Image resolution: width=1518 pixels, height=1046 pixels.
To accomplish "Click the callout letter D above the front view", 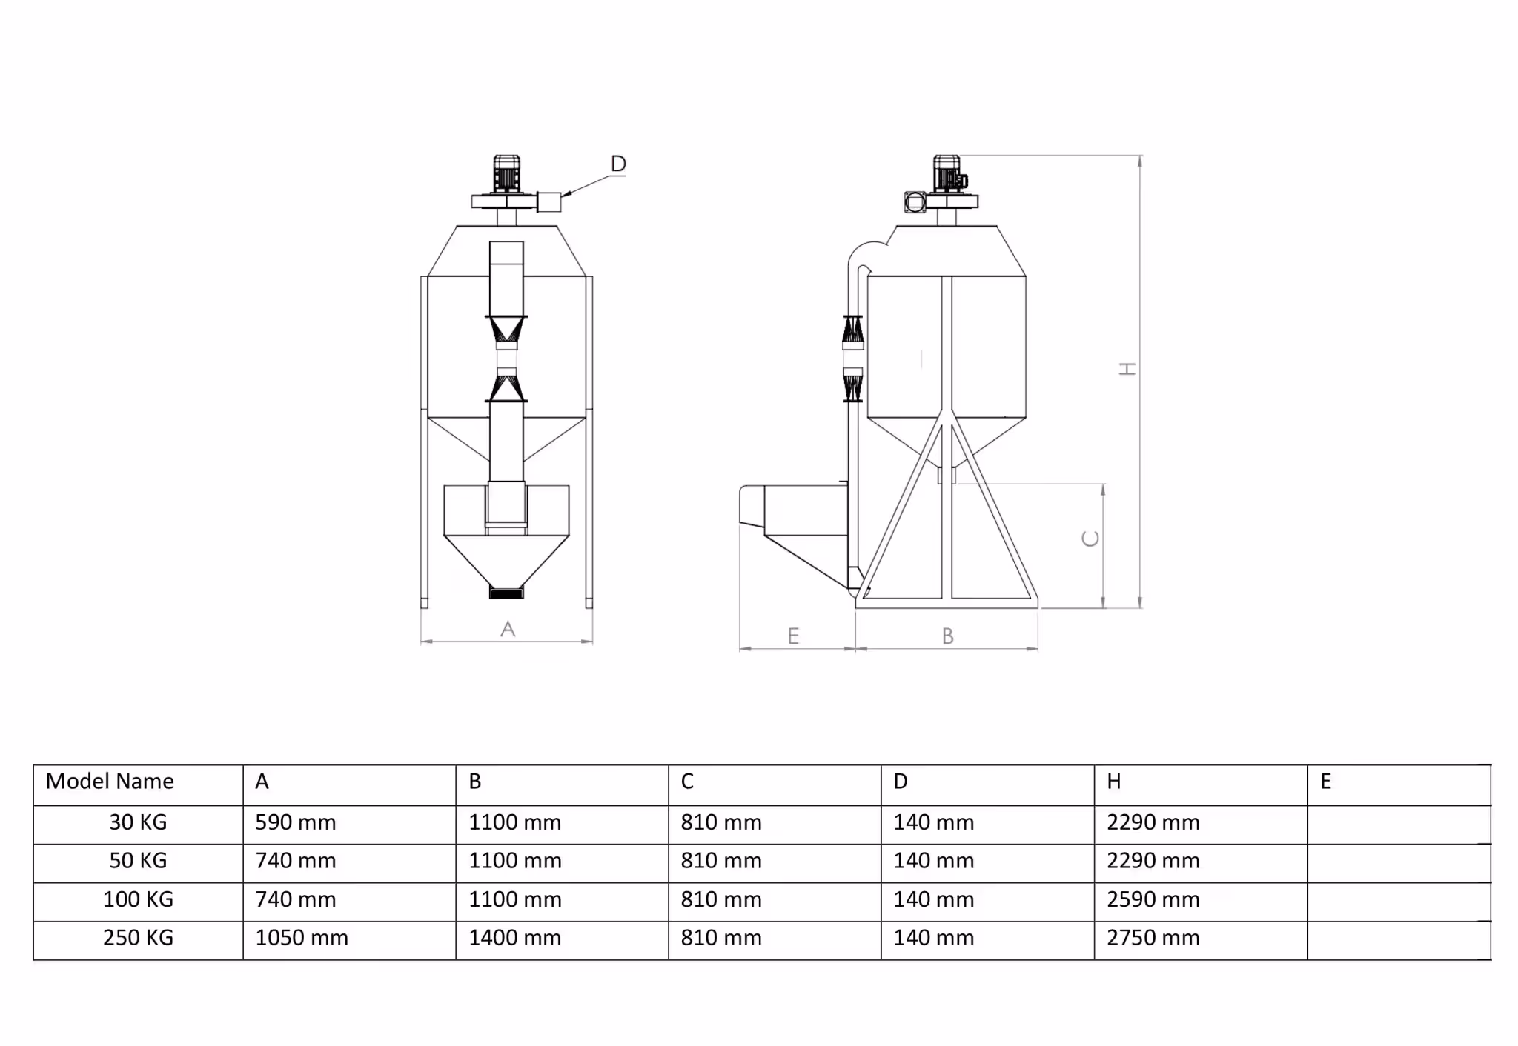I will point(618,164).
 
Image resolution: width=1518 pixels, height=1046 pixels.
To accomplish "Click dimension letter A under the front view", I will point(508,629).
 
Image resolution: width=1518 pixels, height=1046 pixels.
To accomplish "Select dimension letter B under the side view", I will point(947,636).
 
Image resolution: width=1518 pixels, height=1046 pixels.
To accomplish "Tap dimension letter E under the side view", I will point(793,636).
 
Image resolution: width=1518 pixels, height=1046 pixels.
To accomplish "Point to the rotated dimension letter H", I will point(1127,368).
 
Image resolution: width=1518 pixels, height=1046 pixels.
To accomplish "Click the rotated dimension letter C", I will point(1090,539).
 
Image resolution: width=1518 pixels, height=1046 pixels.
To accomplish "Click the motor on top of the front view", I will point(506,174).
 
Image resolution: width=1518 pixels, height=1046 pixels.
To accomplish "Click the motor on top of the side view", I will point(947,174).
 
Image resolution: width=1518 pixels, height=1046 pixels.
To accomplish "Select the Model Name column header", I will point(110,782).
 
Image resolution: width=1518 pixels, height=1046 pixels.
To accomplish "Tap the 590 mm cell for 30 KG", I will point(296,822).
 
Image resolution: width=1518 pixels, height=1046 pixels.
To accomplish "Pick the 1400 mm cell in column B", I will point(514,938).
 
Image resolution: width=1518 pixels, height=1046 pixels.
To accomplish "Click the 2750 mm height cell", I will point(1153,938).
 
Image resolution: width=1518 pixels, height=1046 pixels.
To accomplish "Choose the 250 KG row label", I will point(138,938).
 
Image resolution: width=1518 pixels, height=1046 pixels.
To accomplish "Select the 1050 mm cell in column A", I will point(302,938).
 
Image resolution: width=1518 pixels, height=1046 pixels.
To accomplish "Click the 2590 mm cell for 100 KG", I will point(1153,899).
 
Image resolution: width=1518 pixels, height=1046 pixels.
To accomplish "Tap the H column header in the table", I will point(1113,782).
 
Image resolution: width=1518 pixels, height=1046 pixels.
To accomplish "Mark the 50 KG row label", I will point(138,861).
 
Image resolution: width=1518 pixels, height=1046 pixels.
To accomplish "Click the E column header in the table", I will point(1326,782).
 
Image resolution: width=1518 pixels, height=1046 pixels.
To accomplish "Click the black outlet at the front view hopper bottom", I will point(506,592).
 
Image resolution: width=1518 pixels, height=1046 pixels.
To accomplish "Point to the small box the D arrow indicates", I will point(548,201).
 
